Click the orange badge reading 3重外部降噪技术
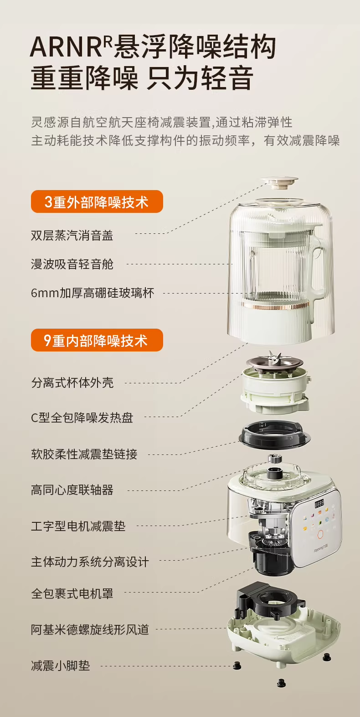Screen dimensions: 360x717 (x=97, y=201)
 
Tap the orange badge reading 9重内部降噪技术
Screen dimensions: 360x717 (x=97, y=340)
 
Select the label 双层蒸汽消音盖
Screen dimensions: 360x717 (x=72, y=236)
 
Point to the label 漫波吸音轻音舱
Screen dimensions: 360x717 (x=72, y=264)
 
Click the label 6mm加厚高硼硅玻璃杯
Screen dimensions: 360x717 (x=93, y=293)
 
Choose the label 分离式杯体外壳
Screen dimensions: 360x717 (x=72, y=382)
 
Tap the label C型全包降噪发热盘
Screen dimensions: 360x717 (x=82, y=418)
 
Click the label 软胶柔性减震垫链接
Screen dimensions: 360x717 (x=84, y=454)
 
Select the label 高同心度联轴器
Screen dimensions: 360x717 (x=72, y=490)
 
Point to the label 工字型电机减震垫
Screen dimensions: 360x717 (x=78, y=526)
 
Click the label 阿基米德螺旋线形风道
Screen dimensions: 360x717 (x=90, y=629)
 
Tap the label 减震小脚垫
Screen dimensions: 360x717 (x=61, y=666)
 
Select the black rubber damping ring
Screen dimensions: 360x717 (x=275, y=436)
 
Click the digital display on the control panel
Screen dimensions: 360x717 (x=319, y=504)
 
